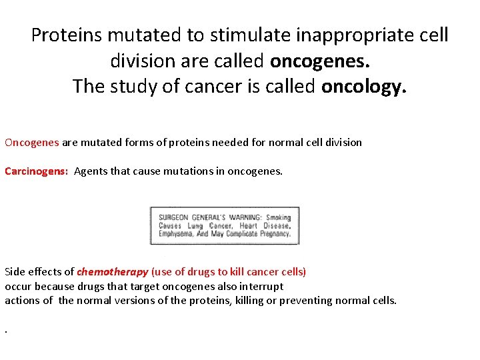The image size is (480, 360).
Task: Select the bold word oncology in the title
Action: pyautogui.click(x=363, y=87)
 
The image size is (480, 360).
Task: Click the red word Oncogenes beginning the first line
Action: pyautogui.click(x=32, y=142)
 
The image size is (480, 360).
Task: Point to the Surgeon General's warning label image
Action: pyautogui.click(x=225, y=226)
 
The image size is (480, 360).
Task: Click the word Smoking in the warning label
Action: pyautogui.click(x=279, y=217)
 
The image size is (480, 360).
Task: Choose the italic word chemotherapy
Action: pyautogui.click(x=113, y=272)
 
